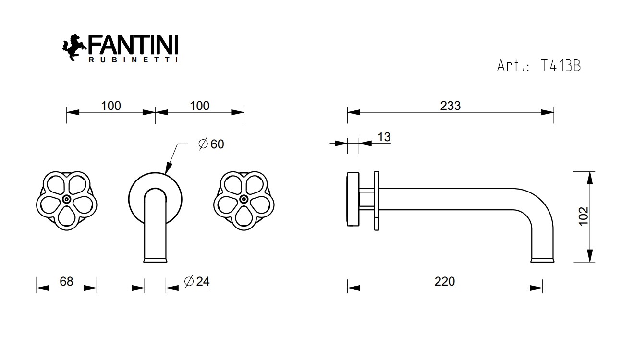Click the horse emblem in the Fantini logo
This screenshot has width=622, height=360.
click(73, 47)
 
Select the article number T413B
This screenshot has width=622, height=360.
click(561, 66)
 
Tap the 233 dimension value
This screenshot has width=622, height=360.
click(451, 106)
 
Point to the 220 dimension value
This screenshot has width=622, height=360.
click(445, 281)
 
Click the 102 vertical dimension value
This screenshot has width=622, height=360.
click(584, 216)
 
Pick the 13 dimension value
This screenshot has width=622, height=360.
click(384, 137)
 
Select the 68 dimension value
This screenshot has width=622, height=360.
click(66, 281)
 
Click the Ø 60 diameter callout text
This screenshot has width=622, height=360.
click(211, 144)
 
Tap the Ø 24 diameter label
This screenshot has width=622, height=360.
click(197, 281)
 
